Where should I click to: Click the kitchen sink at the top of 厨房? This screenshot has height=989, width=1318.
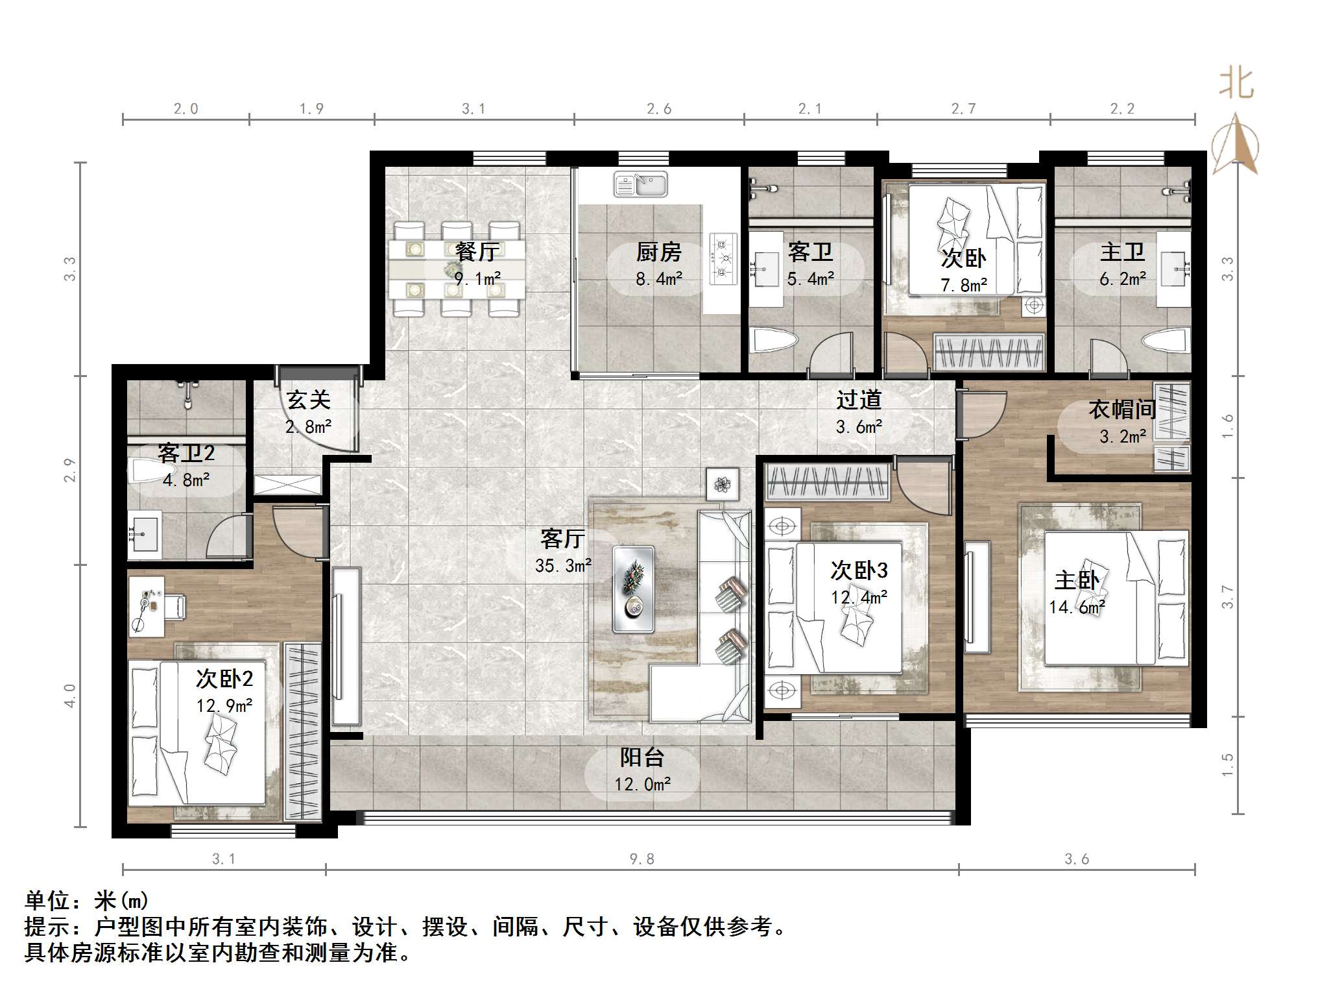click(640, 184)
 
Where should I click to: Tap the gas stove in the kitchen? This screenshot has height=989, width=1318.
click(723, 258)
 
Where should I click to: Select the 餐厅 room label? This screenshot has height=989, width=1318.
click(477, 251)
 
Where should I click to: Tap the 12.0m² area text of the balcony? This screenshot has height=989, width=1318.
click(642, 785)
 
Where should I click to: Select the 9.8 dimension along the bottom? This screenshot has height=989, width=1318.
click(641, 859)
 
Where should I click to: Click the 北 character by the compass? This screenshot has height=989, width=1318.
click(1237, 84)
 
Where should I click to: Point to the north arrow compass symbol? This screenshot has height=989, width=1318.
click(1236, 144)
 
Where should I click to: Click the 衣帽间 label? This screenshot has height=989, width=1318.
click(1122, 409)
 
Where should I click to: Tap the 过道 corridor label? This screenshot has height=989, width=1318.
click(859, 400)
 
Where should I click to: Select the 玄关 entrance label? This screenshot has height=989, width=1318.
click(308, 400)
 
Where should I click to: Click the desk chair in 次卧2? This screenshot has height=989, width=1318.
click(175, 607)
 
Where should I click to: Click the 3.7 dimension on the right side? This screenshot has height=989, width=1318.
click(1227, 596)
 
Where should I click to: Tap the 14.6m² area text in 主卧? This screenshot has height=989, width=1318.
click(1077, 607)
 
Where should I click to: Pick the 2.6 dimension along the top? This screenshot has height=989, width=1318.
click(658, 109)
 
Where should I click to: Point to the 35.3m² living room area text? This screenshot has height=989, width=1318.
click(563, 566)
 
